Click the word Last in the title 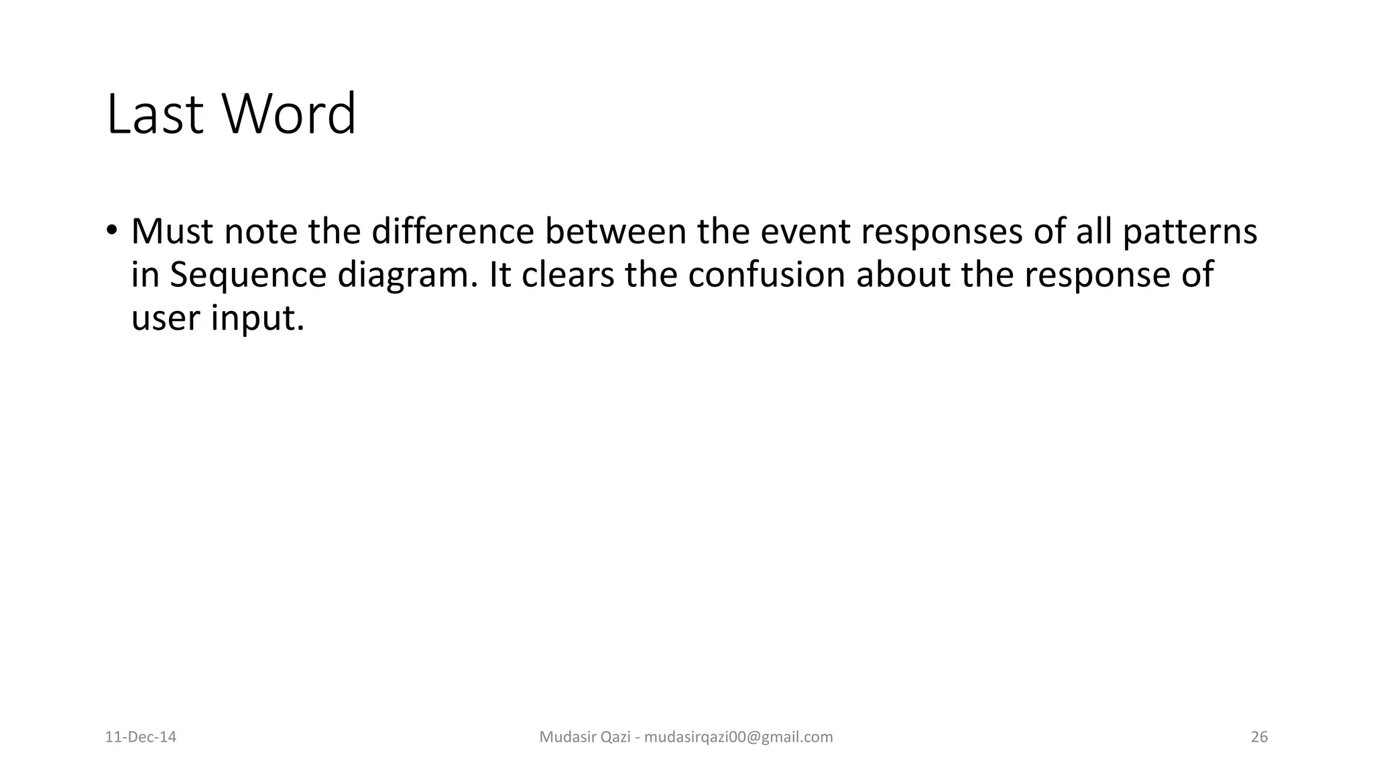(x=154, y=115)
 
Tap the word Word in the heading (x=289, y=115)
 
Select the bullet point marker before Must (x=111, y=230)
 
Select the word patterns (x=1189, y=233)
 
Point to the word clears (x=567, y=274)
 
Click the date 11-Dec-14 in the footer (x=141, y=737)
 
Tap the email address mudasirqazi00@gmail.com (x=738, y=737)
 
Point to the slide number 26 (x=1259, y=737)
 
